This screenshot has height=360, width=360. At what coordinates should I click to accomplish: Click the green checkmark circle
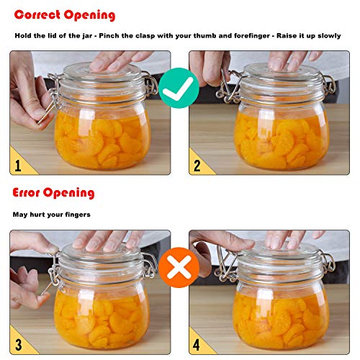[x=179, y=89]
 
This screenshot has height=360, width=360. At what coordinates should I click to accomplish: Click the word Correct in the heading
[x=37, y=14]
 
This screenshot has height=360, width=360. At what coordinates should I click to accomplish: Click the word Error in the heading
[x=27, y=192]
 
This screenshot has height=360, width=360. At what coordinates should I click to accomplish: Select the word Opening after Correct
[x=90, y=14]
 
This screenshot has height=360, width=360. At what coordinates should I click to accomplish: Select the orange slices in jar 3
[x=101, y=313]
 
